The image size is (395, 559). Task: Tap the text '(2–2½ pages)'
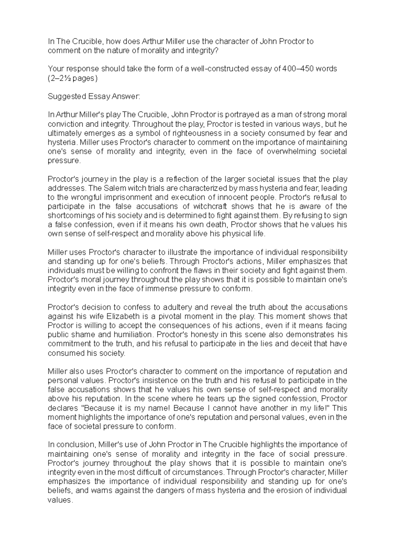pyautogui.click(x=73, y=78)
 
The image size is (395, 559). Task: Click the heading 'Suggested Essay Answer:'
pyautogui.click(x=94, y=96)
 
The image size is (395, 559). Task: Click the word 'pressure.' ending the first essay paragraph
pyautogui.click(x=64, y=161)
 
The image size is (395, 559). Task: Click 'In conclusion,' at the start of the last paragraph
pyautogui.click(x=71, y=445)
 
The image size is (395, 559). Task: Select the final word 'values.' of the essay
pyautogui.click(x=60, y=500)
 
